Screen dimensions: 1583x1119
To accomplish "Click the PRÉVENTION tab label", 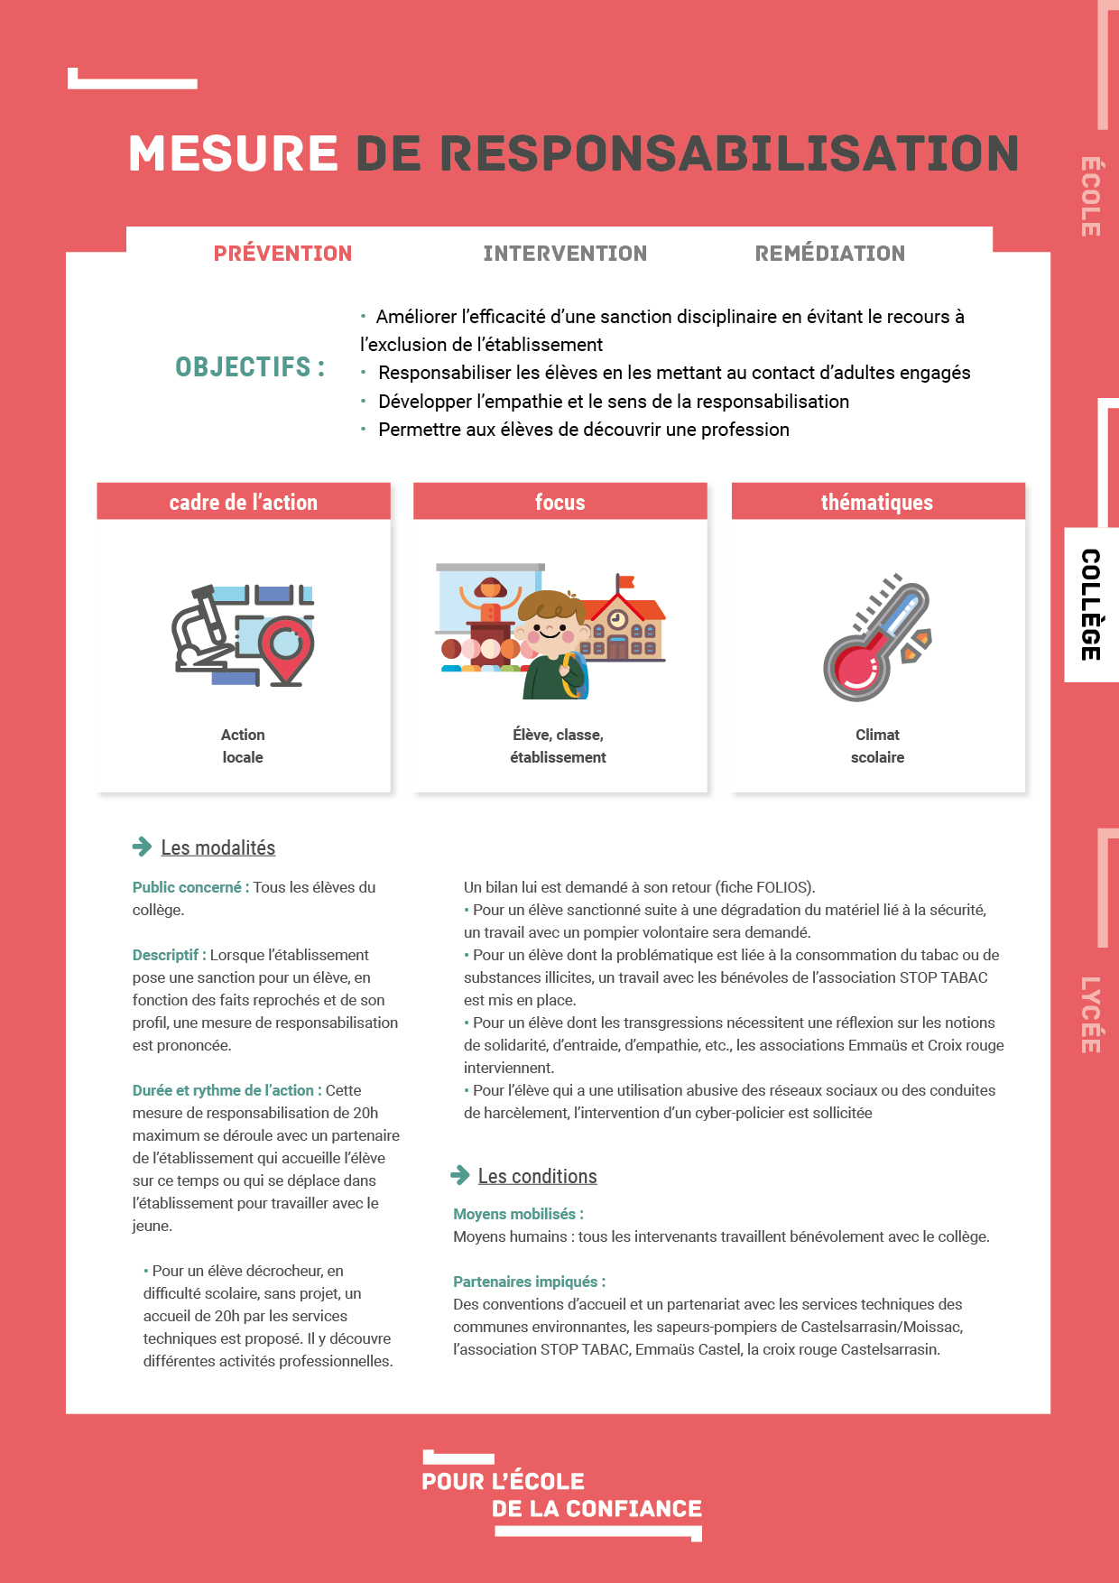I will coord(282,254).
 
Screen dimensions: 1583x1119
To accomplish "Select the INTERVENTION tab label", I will coord(565,254).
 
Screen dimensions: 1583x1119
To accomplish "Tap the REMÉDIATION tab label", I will coord(829,254).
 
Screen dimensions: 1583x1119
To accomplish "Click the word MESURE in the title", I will coord(233,153).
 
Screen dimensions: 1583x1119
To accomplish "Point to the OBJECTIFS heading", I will coord(250,367).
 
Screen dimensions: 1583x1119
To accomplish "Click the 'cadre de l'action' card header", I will coord(244,502).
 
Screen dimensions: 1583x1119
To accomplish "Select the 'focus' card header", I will coord(559,502).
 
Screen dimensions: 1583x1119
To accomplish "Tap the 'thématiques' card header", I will coord(877,502).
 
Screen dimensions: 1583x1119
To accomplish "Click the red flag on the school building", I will coord(624,582).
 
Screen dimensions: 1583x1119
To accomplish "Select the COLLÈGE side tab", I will coord(1091,604).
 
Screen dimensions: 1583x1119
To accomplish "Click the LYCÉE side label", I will coord(1091,1014).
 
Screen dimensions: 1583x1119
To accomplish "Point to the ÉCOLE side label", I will coord(1091,196).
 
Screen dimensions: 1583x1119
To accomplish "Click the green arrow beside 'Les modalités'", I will coord(142,847).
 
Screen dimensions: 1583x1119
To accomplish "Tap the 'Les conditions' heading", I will coord(537,1176).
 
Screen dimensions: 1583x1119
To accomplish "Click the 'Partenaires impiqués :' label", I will coord(529,1282).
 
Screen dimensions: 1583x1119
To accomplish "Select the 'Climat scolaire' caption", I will coord(877,745).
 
